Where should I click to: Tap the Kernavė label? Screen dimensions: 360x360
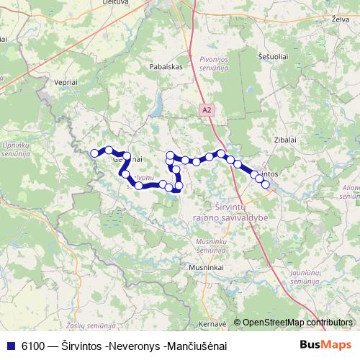coord(212,323)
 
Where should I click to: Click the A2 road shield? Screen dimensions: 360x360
coord(207,109)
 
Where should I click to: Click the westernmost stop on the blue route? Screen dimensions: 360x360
coord(94,153)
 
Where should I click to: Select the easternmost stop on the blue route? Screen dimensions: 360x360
coord(266,184)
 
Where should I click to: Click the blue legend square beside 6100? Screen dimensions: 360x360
coord(9,346)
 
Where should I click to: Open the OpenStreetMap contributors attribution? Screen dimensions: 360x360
coord(297,323)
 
